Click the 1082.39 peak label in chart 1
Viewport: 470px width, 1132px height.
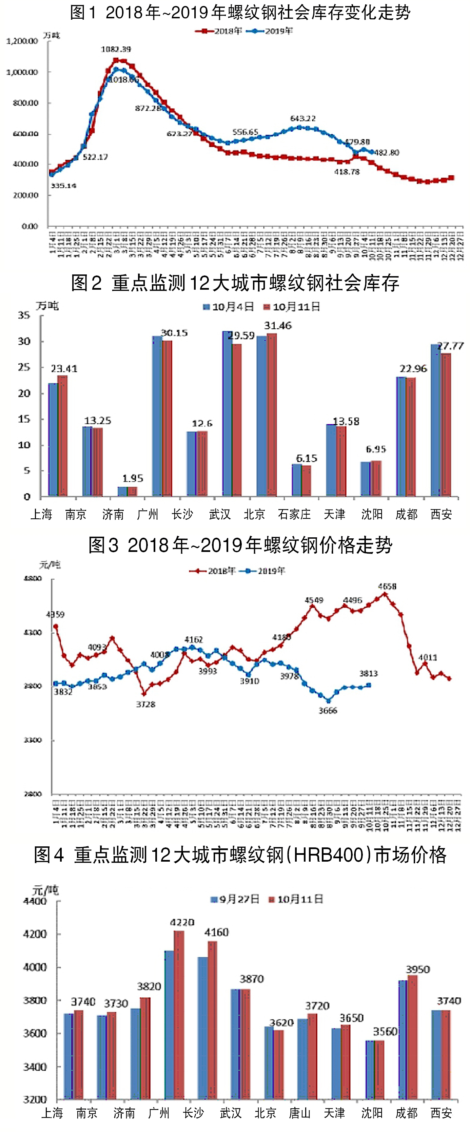[116, 49]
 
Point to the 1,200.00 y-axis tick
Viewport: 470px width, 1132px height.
[22, 41]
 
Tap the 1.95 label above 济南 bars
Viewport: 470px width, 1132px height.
[133, 478]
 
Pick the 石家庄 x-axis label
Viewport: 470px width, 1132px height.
[294, 514]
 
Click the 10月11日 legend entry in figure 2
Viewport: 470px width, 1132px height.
[292, 307]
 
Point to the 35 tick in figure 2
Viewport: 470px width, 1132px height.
[24, 315]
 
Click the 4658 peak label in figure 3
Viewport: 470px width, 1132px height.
[387, 586]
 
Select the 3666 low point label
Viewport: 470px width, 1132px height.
[328, 711]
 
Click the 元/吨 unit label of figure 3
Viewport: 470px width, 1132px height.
[50, 565]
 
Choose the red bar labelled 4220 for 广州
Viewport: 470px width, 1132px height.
[179, 1015]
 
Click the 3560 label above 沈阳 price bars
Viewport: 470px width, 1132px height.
[385, 1031]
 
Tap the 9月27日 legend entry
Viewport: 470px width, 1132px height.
[235, 899]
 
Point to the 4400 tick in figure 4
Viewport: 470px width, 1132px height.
[35, 901]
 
